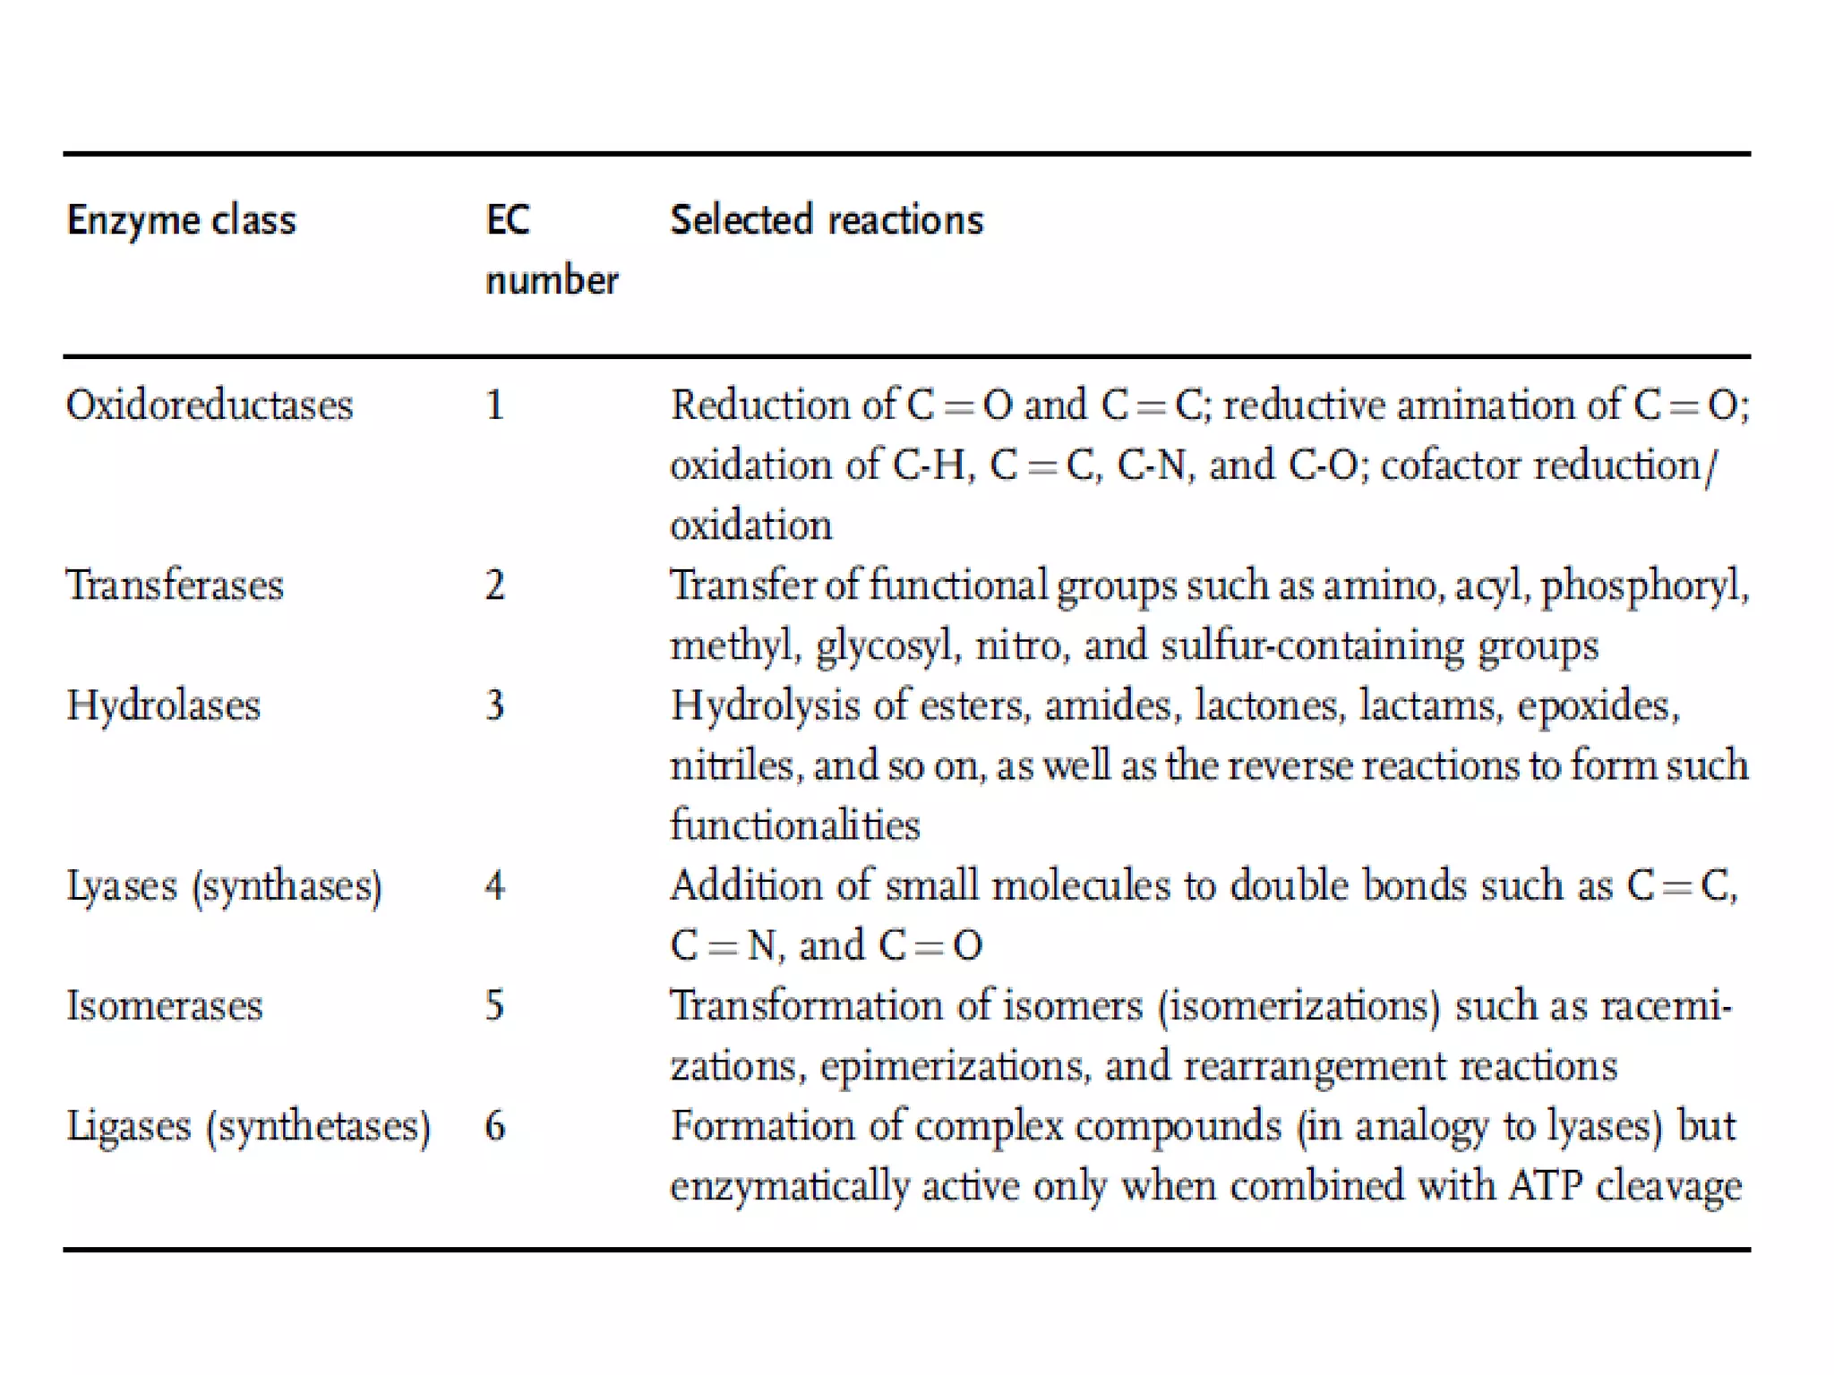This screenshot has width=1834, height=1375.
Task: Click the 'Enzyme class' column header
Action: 181,220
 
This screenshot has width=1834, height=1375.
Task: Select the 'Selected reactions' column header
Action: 827,220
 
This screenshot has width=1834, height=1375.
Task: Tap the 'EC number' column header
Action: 551,250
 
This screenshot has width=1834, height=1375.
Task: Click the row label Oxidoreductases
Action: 210,406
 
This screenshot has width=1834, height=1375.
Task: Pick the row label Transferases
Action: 175,585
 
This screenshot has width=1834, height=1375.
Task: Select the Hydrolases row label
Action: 163,705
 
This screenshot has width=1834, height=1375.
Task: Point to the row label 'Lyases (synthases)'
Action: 224,886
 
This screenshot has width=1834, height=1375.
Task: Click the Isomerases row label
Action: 165,1005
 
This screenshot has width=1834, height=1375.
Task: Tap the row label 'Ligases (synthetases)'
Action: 248,1126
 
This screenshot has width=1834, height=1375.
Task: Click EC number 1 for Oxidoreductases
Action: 494,406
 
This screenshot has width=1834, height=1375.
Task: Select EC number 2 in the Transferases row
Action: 494,585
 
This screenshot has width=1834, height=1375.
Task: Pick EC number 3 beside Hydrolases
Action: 494,705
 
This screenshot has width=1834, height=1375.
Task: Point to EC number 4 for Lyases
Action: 494,886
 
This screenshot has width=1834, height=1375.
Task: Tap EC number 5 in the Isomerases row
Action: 494,1005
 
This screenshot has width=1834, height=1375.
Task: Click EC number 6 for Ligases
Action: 494,1126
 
